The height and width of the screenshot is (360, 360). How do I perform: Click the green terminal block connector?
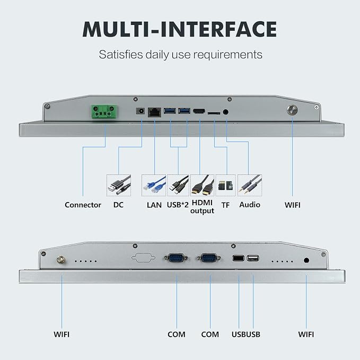(104, 111)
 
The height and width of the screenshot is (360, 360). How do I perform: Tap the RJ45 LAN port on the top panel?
(154, 112)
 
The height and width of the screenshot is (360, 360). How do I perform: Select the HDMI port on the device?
(199, 111)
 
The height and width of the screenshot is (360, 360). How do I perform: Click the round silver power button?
(292, 110)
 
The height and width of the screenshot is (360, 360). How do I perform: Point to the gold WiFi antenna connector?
(61, 260)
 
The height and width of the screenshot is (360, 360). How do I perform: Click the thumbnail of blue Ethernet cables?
(154, 185)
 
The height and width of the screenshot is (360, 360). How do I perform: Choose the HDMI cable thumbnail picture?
(203, 185)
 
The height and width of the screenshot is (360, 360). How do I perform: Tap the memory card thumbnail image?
(226, 185)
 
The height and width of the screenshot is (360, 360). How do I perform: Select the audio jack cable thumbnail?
(250, 185)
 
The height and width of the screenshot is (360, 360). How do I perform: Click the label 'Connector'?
(83, 205)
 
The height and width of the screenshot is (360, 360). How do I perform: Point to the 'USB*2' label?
(178, 205)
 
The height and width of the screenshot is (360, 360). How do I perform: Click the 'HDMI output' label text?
(203, 207)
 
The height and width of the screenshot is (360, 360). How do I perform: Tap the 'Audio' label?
(250, 205)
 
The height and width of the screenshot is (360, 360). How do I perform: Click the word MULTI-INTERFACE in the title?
(180, 29)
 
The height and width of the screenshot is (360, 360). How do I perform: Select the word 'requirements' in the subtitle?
(228, 55)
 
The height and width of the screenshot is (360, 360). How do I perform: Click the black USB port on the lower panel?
(238, 258)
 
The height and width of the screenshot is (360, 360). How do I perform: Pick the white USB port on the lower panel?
(253, 258)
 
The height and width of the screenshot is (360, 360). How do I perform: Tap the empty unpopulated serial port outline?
(143, 258)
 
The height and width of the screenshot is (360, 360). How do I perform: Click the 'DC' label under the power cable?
(118, 205)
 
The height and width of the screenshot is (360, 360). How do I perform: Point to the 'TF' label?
(225, 205)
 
